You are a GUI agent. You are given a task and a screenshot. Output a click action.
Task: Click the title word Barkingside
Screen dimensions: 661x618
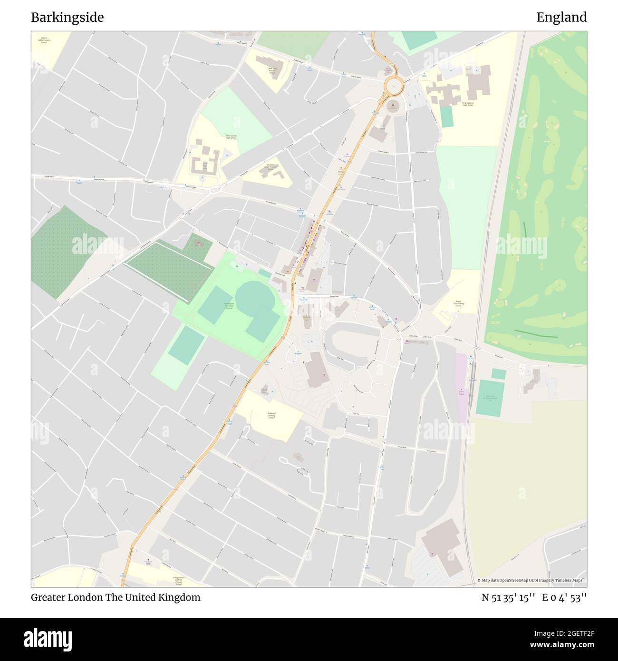(67, 18)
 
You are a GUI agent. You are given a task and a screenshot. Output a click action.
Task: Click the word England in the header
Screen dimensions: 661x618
(561, 18)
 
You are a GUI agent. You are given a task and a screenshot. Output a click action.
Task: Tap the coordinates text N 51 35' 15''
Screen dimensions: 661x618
(507, 598)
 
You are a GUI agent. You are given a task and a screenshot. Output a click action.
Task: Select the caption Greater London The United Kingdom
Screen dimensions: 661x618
(116, 598)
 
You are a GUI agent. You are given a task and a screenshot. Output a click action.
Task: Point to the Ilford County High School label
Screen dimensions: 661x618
(231, 137)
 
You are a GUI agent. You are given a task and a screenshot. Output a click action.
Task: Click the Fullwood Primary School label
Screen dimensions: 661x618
(271, 416)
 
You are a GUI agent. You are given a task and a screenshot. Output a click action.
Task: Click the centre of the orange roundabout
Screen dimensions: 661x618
(394, 87)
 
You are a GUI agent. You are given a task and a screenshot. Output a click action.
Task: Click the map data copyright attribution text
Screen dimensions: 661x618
(531, 580)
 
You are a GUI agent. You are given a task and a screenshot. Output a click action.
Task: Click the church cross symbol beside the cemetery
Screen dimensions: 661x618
(199, 243)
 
